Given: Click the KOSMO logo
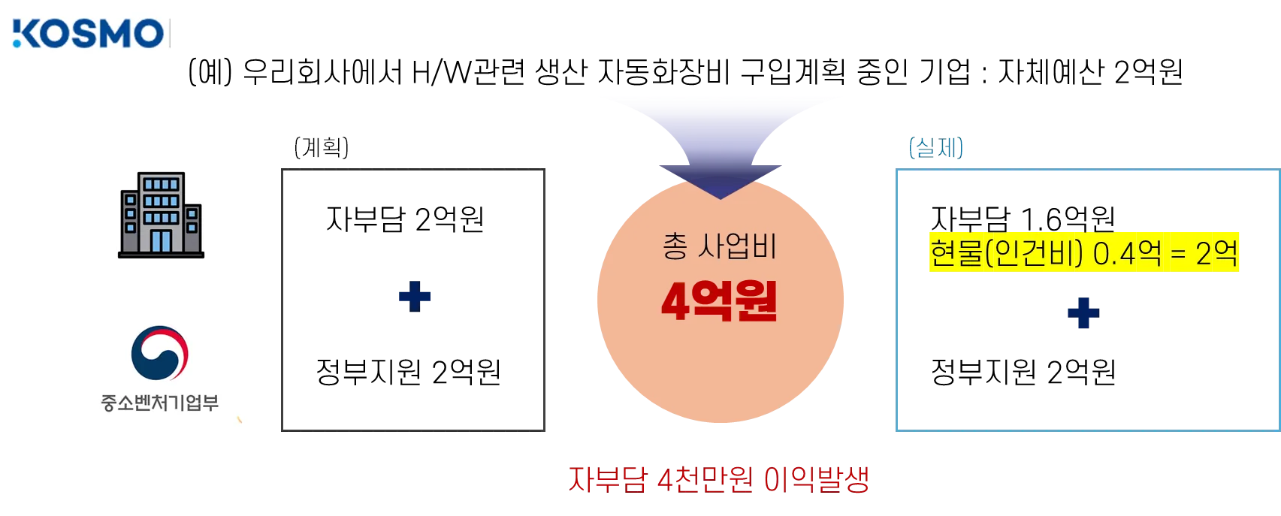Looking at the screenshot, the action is coord(88,33).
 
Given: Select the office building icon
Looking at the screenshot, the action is coord(162,216).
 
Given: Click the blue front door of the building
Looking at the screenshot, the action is coord(162,241).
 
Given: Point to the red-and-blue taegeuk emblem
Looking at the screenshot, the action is coord(159,353).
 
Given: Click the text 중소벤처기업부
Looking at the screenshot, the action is coord(160,403).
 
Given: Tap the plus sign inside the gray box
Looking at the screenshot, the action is coord(415,297).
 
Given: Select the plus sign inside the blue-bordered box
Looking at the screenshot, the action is coord(1082,312).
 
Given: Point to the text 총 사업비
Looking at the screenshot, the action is coord(719,246).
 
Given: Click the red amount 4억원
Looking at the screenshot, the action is coord(719,301).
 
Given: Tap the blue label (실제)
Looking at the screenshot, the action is coord(936,148).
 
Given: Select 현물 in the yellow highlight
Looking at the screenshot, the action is coord(956,253).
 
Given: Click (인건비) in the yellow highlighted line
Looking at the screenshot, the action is coord(1034,253).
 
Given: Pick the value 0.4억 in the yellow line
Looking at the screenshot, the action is coord(1127,253).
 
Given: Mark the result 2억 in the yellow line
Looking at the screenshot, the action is coord(1215,253).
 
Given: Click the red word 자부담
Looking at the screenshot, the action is coord(607,478).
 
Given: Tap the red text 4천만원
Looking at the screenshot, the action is coord(703,478).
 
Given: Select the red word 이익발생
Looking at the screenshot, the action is coord(817,478).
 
